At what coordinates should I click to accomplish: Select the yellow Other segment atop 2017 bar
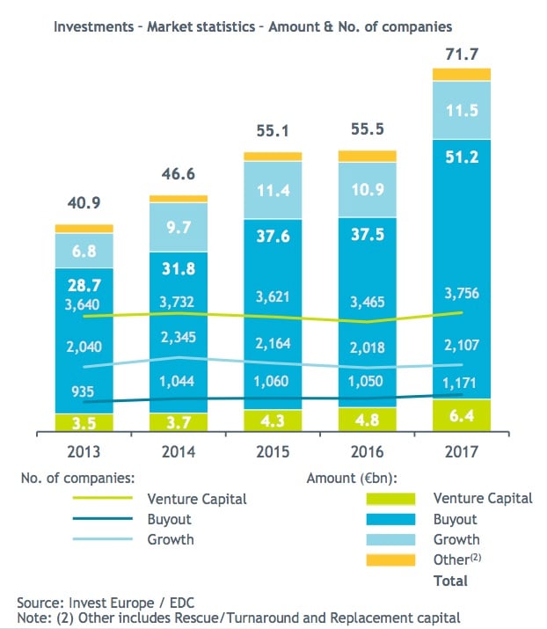[461, 75]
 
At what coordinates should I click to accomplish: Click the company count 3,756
[461, 294]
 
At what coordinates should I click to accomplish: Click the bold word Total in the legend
[451, 581]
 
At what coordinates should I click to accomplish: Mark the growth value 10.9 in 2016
[367, 188]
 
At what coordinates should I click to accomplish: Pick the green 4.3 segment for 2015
[273, 421]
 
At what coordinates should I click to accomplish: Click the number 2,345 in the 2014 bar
[179, 334]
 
